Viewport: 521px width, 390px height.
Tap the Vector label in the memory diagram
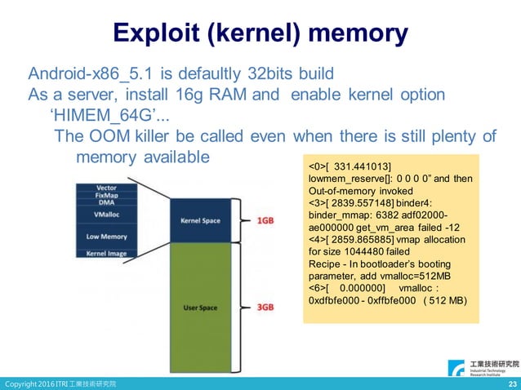point(106,188)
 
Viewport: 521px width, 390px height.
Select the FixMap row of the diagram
point(106,196)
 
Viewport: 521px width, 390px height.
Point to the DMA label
point(106,204)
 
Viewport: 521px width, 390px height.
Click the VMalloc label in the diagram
point(106,217)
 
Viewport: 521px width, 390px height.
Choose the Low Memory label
point(106,237)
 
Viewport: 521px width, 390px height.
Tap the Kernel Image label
point(106,254)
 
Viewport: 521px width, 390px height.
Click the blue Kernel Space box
point(200,221)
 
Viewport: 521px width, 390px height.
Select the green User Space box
point(200,308)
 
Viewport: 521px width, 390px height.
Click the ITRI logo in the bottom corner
point(482,367)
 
